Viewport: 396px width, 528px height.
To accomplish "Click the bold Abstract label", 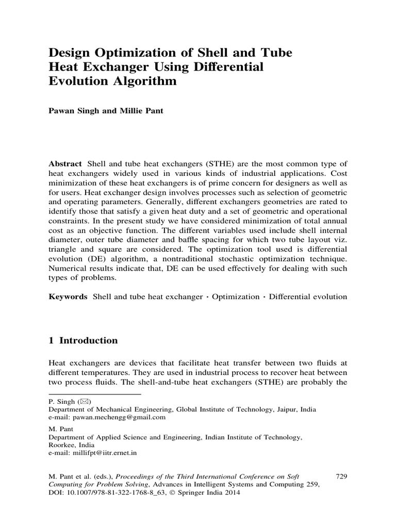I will [65, 162].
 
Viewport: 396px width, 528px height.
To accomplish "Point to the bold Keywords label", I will [68, 297].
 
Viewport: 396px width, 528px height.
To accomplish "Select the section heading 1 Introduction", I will [83, 341].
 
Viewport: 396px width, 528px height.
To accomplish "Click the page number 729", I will [341, 476].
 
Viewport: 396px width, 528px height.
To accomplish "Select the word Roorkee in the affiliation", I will [62, 445].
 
